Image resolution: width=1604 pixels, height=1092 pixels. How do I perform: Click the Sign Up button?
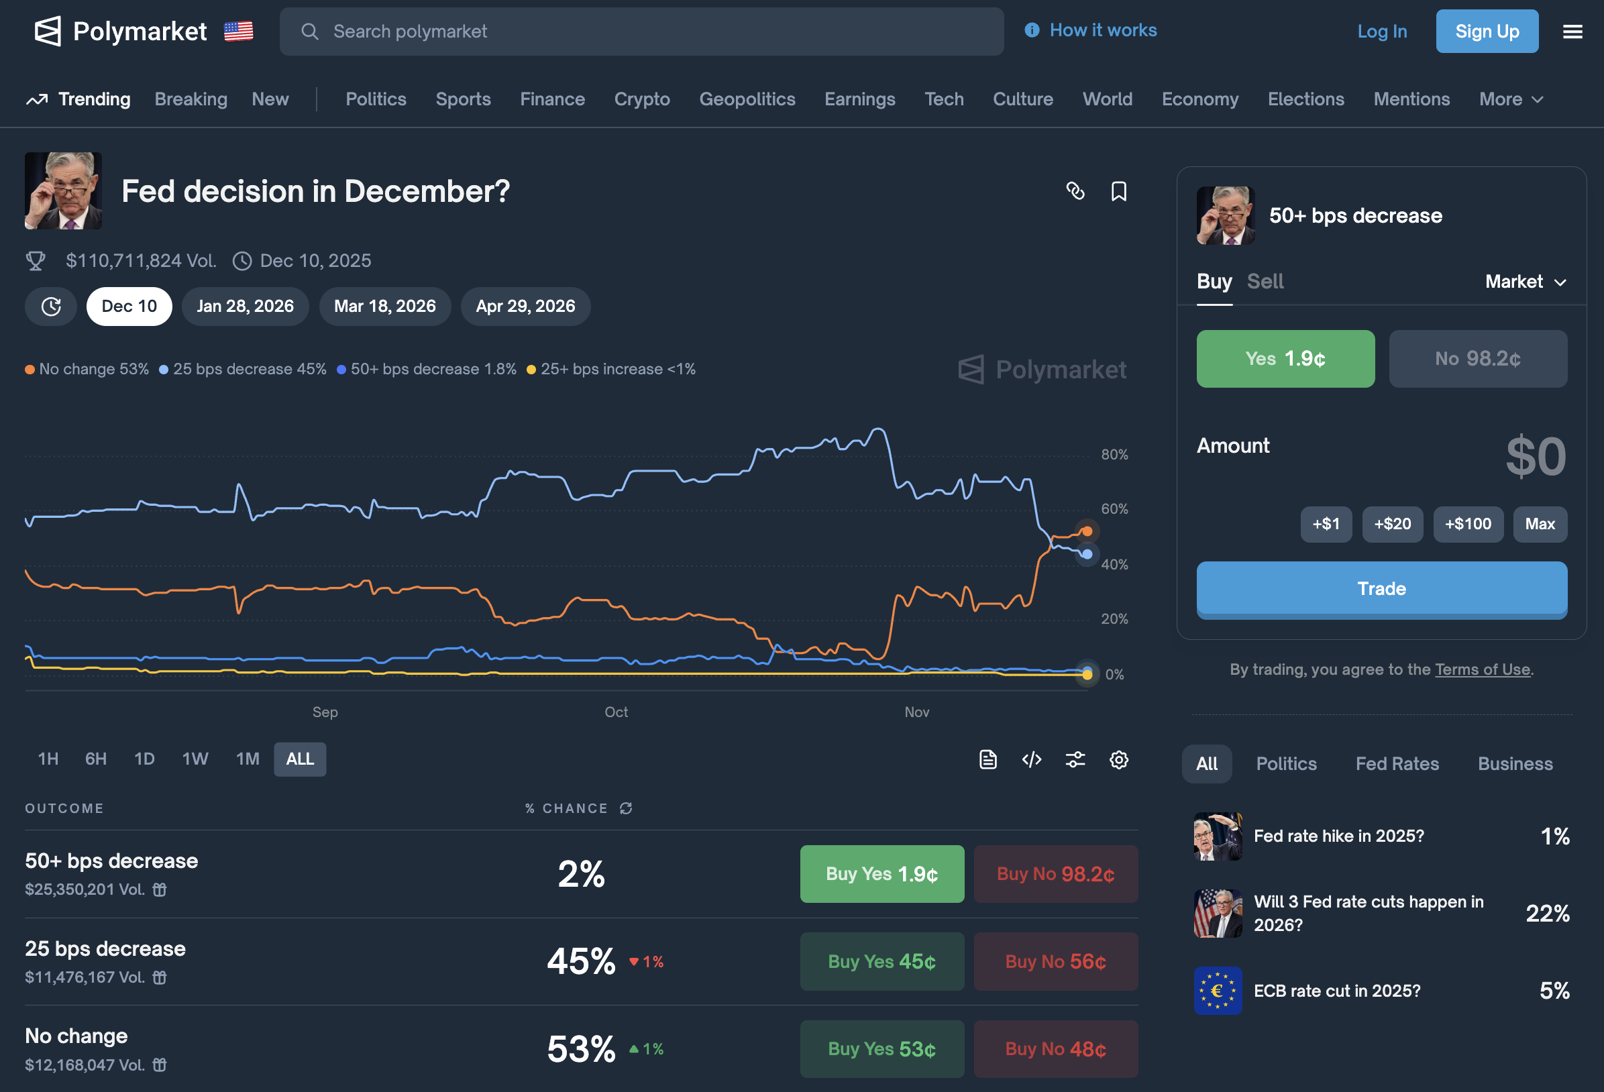pyautogui.click(x=1487, y=31)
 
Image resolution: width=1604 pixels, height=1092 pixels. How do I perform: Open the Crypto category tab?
pyautogui.click(x=641, y=99)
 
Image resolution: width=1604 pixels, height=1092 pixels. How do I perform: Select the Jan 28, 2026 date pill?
pyautogui.click(x=245, y=306)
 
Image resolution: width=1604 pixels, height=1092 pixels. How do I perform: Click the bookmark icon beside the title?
pyautogui.click(x=1118, y=191)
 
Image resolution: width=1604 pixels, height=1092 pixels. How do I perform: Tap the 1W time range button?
pyautogui.click(x=195, y=759)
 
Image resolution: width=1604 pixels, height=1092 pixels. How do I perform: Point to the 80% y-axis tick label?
pyautogui.click(x=1114, y=454)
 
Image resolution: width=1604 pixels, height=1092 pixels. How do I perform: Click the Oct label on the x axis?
pyautogui.click(x=616, y=712)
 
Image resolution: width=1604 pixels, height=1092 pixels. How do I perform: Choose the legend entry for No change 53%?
pyautogui.click(x=88, y=370)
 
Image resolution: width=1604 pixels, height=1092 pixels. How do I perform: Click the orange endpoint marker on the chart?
pyautogui.click(x=1086, y=531)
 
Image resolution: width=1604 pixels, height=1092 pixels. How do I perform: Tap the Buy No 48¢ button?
pyautogui.click(x=1055, y=1048)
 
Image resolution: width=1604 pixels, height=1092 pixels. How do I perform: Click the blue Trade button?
pyautogui.click(x=1381, y=588)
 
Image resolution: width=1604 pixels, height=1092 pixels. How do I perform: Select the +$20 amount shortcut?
pyautogui.click(x=1392, y=524)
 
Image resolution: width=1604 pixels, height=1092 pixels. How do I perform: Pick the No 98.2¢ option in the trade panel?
pyautogui.click(x=1477, y=358)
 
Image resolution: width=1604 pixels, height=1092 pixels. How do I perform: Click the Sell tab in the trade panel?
pyautogui.click(x=1265, y=282)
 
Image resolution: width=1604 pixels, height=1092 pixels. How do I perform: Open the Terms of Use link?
pyautogui.click(x=1482, y=669)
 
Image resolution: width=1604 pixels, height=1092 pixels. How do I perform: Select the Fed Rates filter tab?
pyautogui.click(x=1397, y=763)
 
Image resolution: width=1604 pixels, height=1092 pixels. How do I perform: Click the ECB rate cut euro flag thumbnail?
pyautogui.click(x=1218, y=991)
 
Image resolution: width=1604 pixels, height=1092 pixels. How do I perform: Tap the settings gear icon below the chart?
pyautogui.click(x=1118, y=759)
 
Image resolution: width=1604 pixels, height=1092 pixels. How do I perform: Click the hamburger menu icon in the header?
pyautogui.click(x=1572, y=32)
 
